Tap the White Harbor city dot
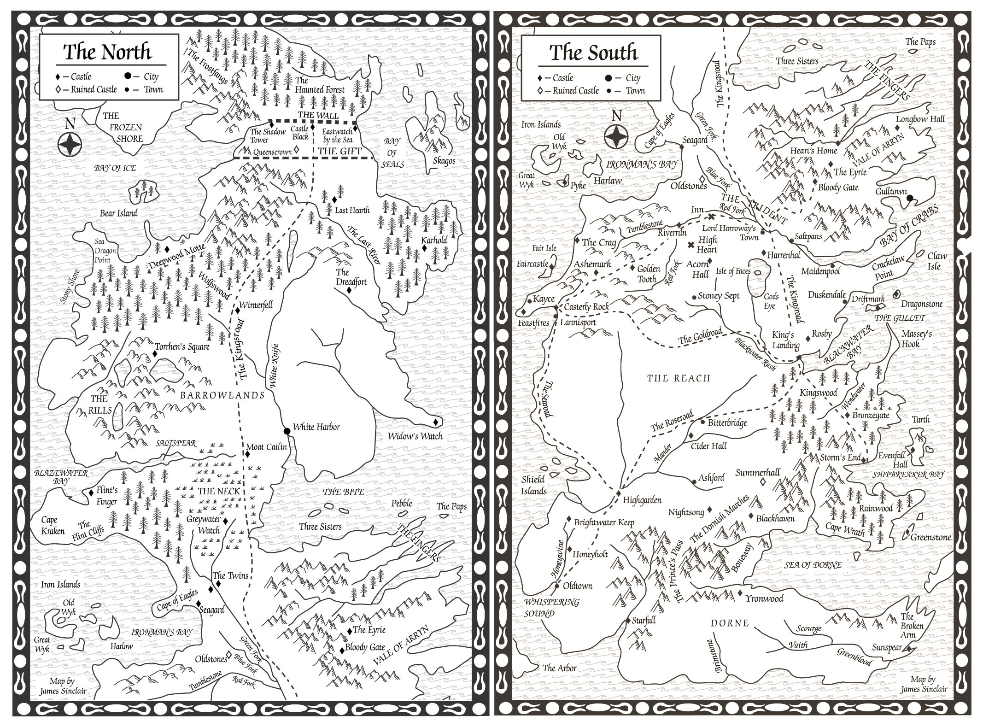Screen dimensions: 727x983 point(287,431)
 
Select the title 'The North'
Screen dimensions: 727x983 point(107,52)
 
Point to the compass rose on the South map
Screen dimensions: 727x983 point(616,136)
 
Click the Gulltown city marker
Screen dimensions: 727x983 point(909,198)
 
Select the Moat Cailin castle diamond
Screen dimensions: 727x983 point(247,454)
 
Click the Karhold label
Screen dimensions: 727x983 point(434,240)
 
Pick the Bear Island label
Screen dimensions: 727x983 point(118,213)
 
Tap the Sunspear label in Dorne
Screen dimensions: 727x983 point(886,647)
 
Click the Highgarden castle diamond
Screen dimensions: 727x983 point(619,493)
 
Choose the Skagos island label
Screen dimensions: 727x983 point(444,160)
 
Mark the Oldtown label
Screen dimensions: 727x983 point(578,586)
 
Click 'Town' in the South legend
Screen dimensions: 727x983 point(635,91)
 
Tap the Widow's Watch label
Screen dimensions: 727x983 point(415,436)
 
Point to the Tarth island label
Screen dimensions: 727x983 point(921,419)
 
